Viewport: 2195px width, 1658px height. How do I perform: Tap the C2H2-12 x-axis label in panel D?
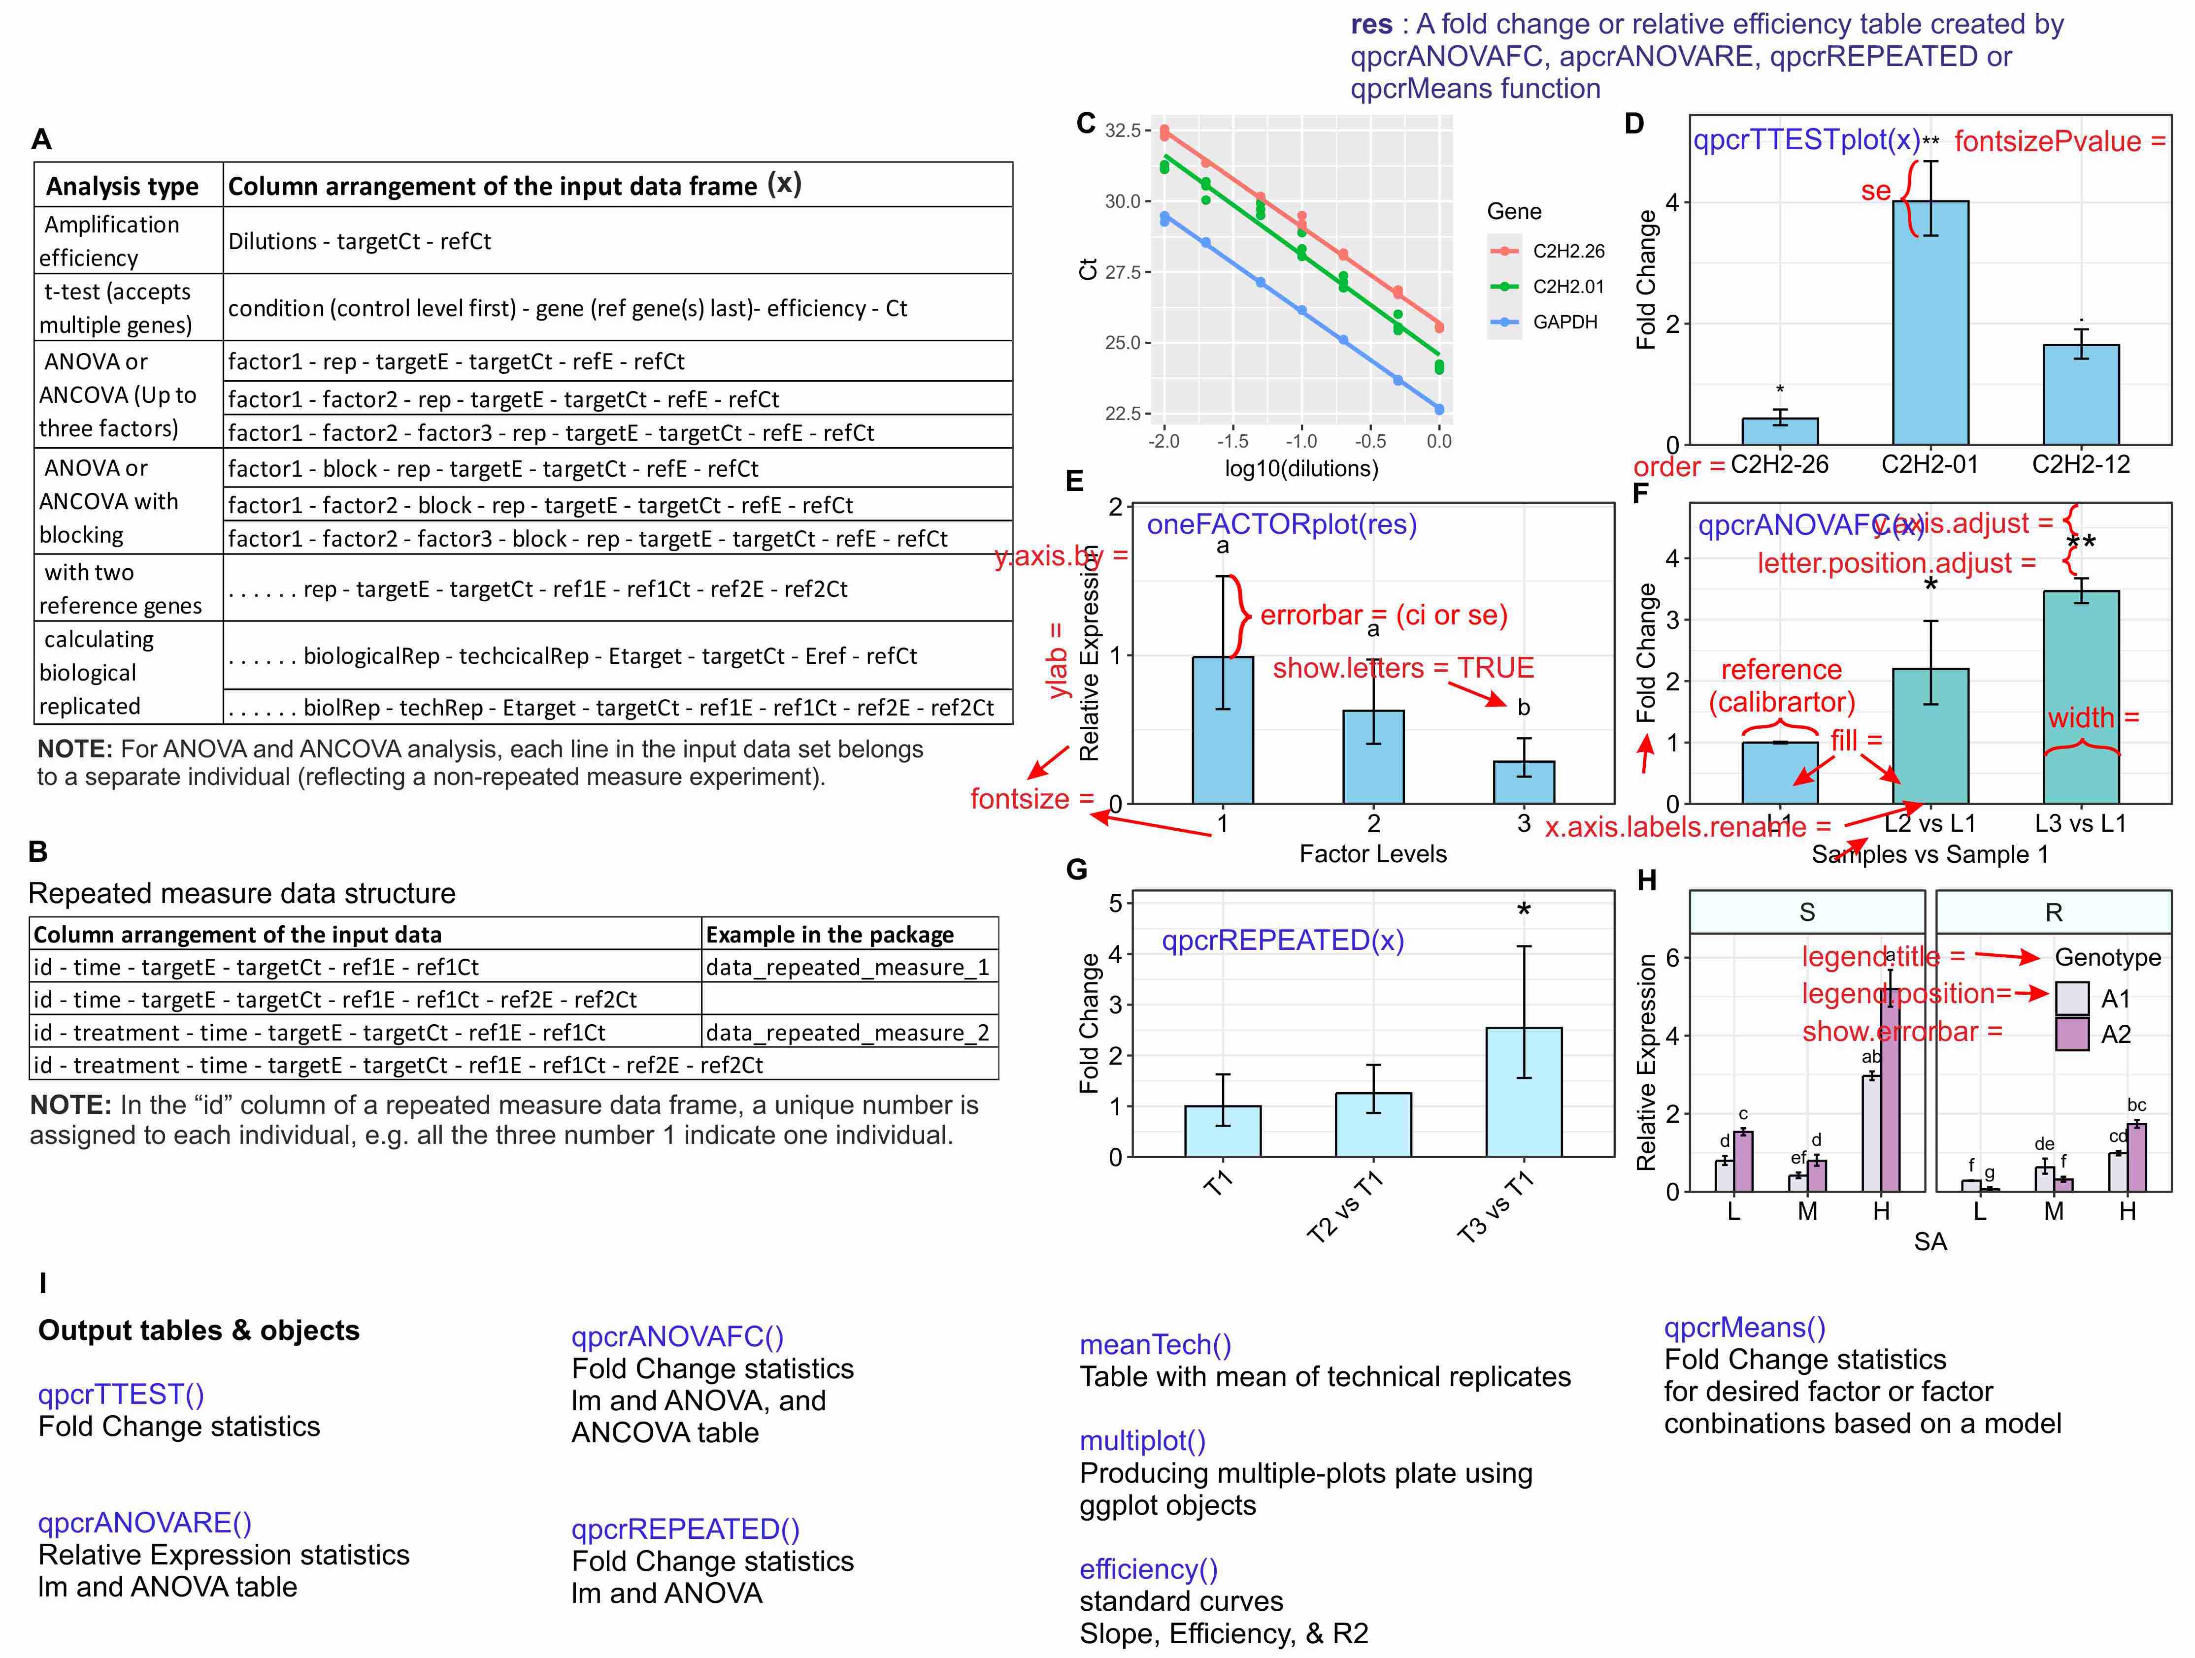pyautogui.click(x=2081, y=464)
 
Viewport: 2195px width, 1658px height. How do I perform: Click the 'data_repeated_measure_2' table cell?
pyautogui.click(x=847, y=1033)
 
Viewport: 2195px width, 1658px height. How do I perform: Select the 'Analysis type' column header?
pyautogui.click(x=122, y=187)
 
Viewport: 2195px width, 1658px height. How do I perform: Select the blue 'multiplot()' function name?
pyautogui.click(x=1142, y=1441)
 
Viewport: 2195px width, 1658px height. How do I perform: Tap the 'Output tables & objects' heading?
pyautogui.click(x=199, y=1331)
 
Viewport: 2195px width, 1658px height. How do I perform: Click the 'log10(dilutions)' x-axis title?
pyautogui.click(x=1301, y=468)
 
